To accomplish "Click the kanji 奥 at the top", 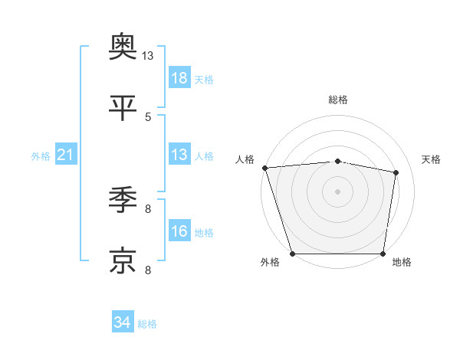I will pos(123,47).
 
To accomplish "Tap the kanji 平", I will pos(123,108).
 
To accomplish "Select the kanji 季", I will pos(123,201).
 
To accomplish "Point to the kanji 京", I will pos(123,260).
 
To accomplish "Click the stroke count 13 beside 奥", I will pos(148,56).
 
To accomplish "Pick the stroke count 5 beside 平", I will pos(148,116).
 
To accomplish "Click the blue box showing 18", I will pos(179,77).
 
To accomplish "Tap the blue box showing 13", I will pos(179,155).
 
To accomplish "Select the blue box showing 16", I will pos(179,231).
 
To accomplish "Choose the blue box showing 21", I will pos(66,155).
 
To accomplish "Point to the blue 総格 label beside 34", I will pos(147,324).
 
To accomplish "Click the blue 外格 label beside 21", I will pos(41,155).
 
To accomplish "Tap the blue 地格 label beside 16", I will pos(204,232).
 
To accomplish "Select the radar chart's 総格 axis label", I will pos(338,100).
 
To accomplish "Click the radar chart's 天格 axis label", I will pos(432,159).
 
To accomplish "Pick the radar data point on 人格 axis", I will pos(264,168).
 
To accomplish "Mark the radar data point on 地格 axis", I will pos(383,254).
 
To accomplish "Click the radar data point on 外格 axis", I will pos(293,254).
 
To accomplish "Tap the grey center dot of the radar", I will pos(337,191).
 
